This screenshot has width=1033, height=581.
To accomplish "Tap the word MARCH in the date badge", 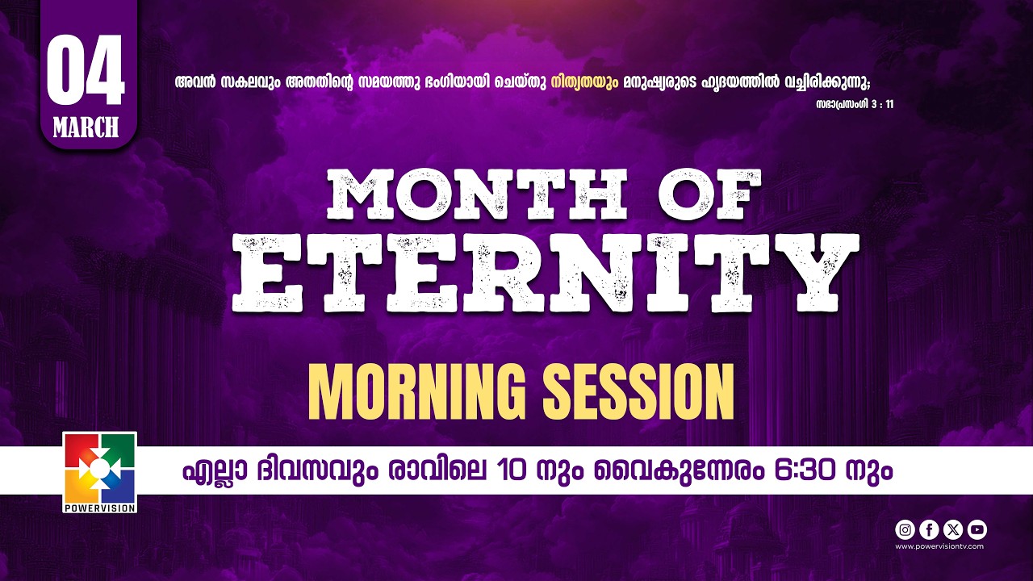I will click(86, 127).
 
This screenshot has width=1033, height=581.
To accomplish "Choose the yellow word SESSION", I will click(637, 391).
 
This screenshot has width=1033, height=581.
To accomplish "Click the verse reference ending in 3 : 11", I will click(855, 104).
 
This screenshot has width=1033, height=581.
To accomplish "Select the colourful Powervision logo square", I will click(99, 468).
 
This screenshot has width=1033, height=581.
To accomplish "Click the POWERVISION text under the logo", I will click(99, 508).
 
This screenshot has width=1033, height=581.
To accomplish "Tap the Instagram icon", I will click(905, 529).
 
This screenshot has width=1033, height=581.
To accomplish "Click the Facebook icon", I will click(930, 529).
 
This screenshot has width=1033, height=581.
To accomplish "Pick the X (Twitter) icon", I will click(953, 529).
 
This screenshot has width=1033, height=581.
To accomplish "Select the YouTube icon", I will click(977, 529).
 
